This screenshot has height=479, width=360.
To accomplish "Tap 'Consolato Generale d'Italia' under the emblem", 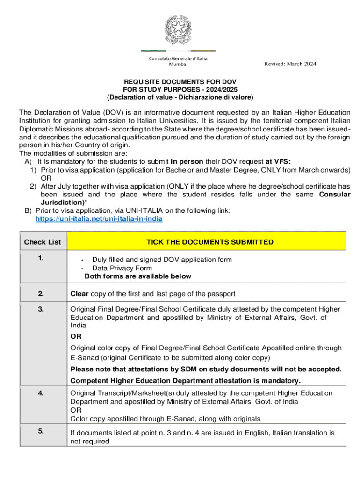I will (178, 58).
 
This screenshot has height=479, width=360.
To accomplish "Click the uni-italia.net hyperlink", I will (99, 218).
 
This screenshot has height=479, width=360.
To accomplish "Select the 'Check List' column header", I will (43, 242).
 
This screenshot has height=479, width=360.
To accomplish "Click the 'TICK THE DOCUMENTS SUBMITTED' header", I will (210, 242).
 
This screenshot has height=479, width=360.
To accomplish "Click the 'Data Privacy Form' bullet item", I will (122, 268).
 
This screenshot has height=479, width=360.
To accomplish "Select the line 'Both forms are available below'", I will (138, 276).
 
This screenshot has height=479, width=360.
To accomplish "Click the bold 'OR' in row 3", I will (75, 336).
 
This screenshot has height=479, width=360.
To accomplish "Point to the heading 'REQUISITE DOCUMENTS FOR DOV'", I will (180, 80).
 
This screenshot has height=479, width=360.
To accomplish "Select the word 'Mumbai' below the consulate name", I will (178, 65).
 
